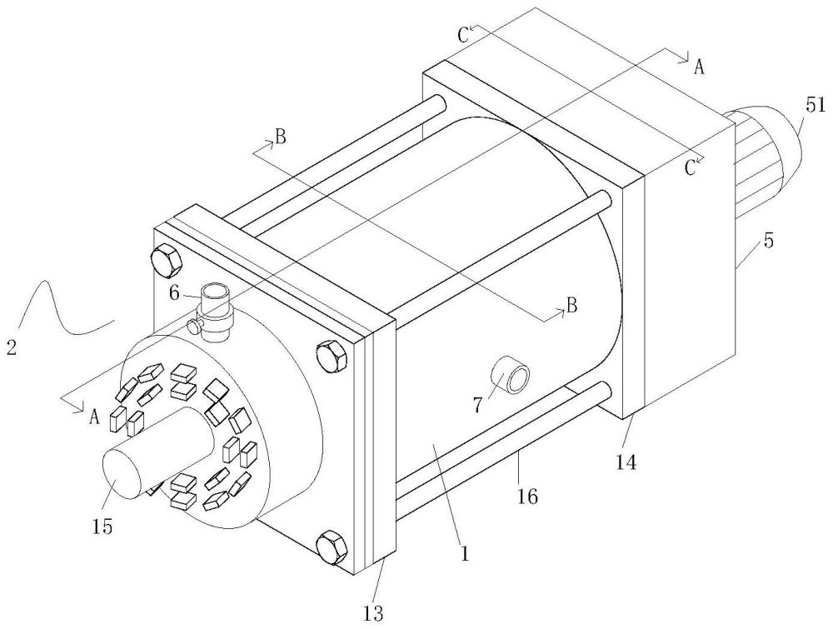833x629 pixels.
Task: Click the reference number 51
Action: pos(816,105)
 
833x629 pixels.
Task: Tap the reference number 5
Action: pos(769,241)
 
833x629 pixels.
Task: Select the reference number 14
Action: pos(627,462)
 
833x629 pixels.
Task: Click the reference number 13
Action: pos(373,614)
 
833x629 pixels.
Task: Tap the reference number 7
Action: pos(477,406)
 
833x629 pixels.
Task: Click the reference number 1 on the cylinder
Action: pos(465,554)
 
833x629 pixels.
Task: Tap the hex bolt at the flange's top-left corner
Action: pos(167,260)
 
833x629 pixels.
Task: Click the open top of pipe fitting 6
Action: pos(215,292)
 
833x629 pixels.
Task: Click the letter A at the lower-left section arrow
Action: pos(95,417)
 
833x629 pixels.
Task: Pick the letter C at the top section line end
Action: pos(463,35)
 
